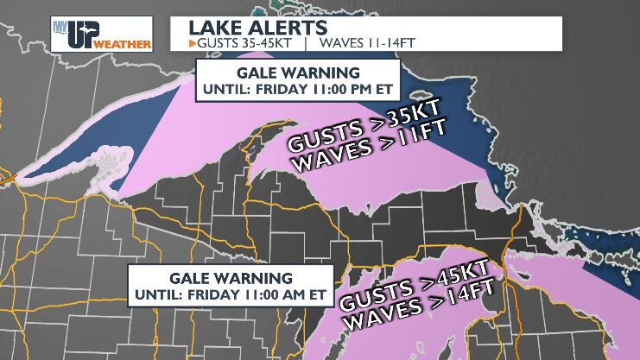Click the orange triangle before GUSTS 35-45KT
(x=192, y=41)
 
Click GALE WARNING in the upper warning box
(x=298, y=72)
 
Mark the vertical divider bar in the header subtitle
(x=308, y=41)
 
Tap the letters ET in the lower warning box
(x=317, y=294)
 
